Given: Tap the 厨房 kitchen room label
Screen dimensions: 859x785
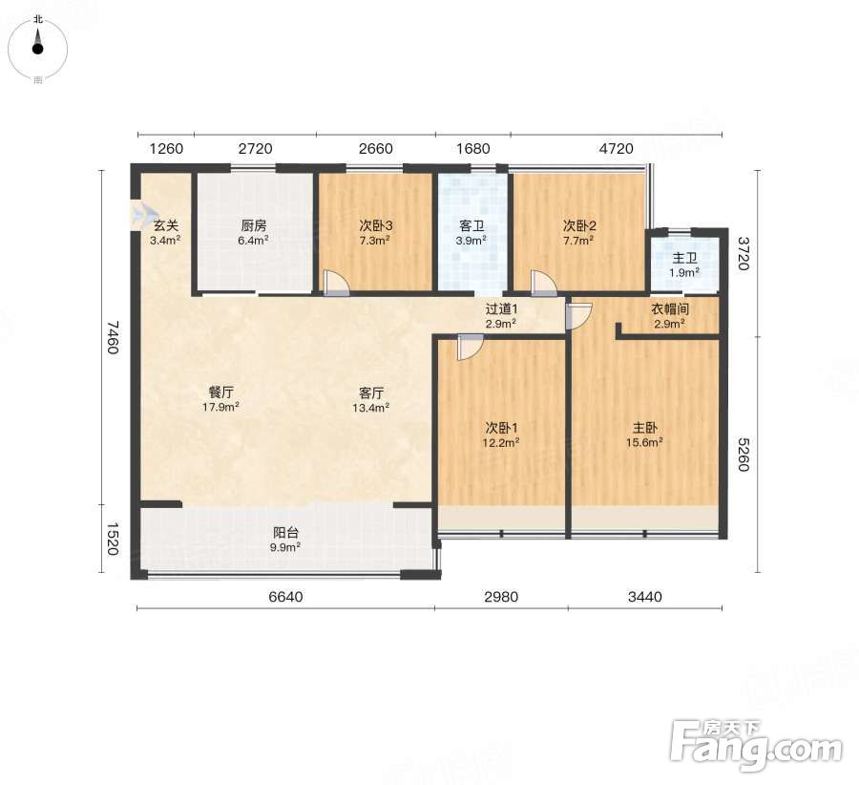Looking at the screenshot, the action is [254, 225].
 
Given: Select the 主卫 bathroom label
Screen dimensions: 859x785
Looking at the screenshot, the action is [684, 258].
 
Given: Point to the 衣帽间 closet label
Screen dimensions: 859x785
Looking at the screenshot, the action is [669, 309].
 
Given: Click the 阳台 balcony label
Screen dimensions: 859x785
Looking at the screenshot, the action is [286, 532].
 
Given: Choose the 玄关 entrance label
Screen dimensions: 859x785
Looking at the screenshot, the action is [165, 225].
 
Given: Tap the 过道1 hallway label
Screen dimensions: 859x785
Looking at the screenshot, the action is [501, 309].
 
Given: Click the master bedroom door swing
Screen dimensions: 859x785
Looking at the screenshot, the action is [578, 316].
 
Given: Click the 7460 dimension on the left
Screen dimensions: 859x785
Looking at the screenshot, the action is [113, 337].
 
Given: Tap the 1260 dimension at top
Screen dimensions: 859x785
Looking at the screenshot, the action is [166, 149].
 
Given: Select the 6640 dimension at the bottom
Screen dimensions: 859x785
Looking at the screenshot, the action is [285, 597].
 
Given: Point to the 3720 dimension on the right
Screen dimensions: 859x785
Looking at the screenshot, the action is [743, 253].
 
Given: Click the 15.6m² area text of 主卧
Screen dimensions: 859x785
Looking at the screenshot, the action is [645, 442].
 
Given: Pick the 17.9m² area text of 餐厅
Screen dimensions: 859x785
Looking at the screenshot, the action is [220, 407].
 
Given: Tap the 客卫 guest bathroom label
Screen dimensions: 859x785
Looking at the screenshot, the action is [471, 225].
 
